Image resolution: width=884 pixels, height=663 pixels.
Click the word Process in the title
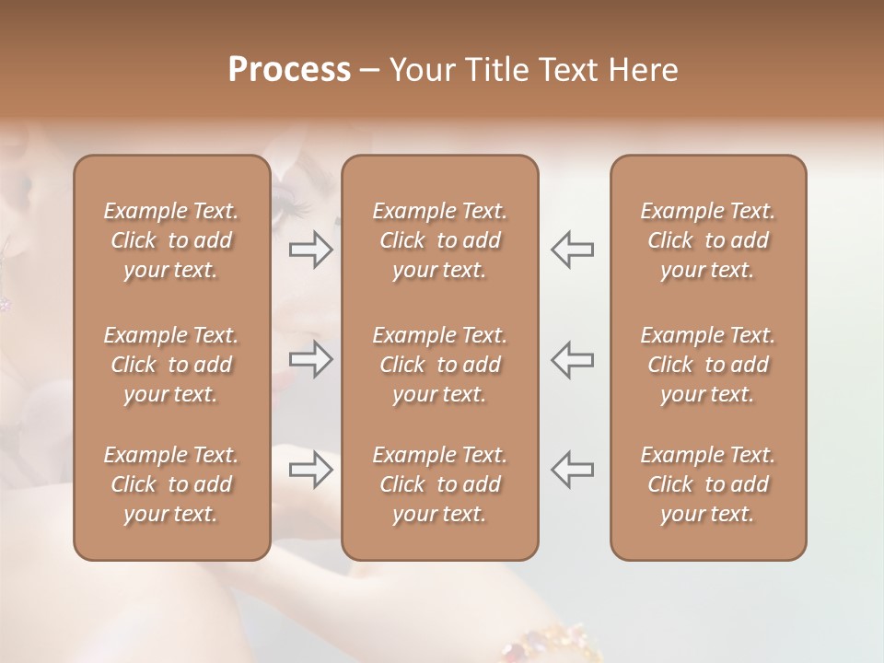[289, 70]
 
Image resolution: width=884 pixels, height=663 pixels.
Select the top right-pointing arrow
[310, 250]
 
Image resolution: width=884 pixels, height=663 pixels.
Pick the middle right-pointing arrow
[310, 360]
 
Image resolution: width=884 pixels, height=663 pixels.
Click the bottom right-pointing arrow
[310, 470]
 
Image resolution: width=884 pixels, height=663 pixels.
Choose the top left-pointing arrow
[572, 250]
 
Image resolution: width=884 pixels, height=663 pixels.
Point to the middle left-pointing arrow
[572, 360]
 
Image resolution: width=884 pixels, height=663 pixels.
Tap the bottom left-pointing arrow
[572, 470]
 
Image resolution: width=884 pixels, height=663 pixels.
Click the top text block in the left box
[171, 240]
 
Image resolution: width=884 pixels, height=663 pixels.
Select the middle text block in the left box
[171, 365]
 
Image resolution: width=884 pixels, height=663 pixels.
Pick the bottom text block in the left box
[171, 484]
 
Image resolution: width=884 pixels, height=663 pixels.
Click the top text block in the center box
[439, 240]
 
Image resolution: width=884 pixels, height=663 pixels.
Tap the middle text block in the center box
[439, 365]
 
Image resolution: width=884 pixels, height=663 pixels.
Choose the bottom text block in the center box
[439, 484]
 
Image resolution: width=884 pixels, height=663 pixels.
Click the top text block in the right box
[707, 240]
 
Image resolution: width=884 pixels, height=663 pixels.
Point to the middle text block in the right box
[707, 365]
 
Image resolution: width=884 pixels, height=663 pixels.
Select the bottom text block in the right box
[707, 484]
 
